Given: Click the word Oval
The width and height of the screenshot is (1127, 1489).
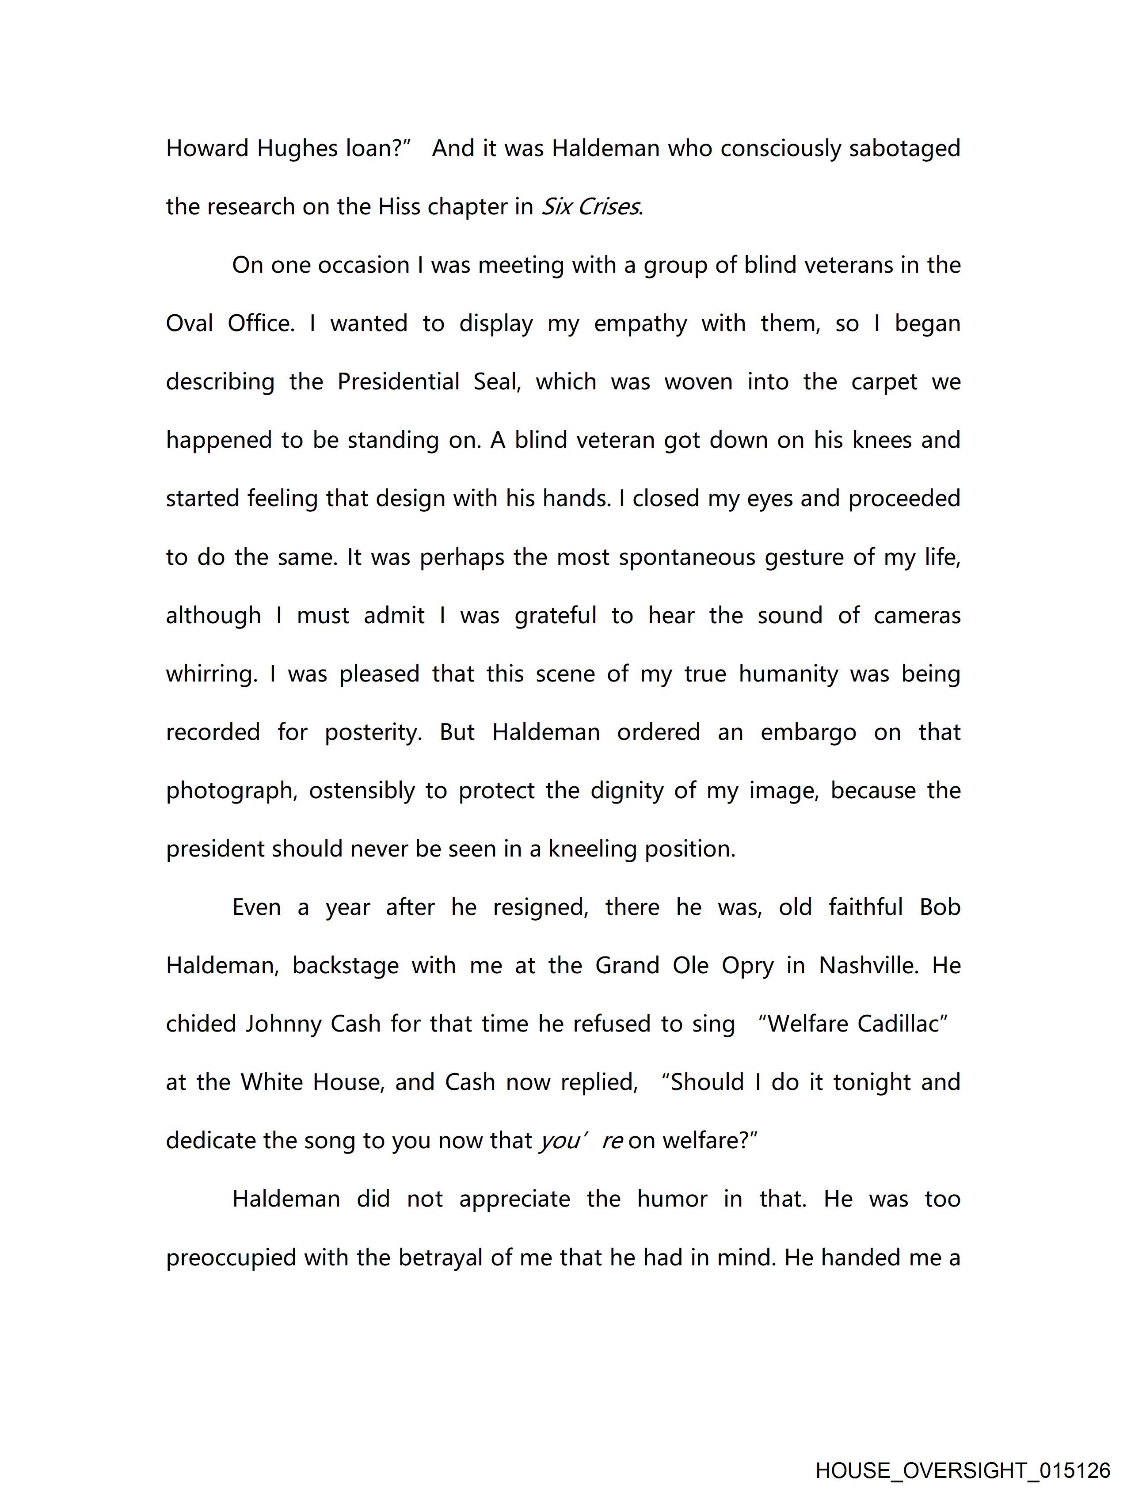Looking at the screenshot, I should coord(190,324).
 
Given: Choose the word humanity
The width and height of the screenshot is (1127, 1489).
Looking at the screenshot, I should coord(788,674).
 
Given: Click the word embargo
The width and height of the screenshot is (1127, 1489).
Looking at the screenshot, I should coord(808,732).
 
